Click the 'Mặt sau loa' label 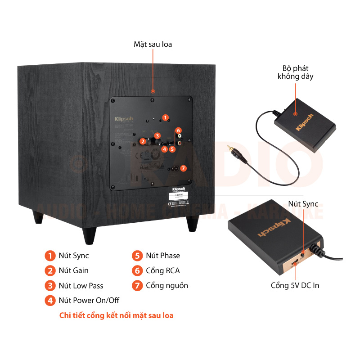[x=153, y=44]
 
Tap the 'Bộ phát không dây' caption [x=295, y=72]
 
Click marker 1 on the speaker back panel [x=165, y=117]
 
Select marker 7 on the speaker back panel [x=183, y=169]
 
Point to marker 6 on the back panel [x=178, y=130]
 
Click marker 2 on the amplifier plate [x=142, y=141]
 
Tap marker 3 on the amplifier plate [x=157, y=135]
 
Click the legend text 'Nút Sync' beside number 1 [x=74, y=256]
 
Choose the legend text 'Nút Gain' [x=73, y=270]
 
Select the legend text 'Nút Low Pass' [x=81, y=286]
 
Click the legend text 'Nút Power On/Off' [x=89, y=300]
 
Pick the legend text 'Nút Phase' [x=162, y=256]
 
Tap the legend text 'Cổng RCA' [x=162, y=270]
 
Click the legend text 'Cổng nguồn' [x=167, y=285]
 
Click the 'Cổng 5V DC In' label [x=295, y=285]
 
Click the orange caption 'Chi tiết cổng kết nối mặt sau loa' [x=117, y=315]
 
